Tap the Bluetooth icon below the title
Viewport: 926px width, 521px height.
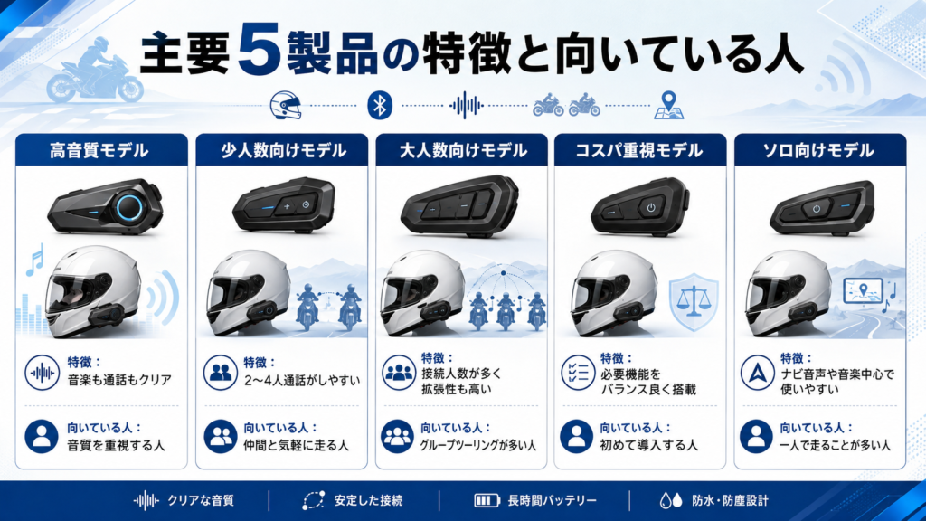click(380, 106)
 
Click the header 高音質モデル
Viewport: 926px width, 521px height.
click(99, 151)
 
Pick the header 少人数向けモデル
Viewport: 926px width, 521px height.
click(283, 151)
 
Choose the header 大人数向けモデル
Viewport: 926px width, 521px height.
click(463, 151)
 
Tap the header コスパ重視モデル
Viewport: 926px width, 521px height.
click(639, 151)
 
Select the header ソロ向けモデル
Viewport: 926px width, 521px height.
click(818, 151)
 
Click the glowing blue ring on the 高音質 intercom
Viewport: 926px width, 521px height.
click(129, 207)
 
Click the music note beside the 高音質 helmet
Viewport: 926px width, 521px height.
click(35, 260)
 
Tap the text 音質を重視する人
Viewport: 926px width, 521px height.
click(116, 445)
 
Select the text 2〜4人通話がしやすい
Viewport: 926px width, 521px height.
click(302, 381)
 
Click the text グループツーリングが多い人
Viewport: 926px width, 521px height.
click(478, 445)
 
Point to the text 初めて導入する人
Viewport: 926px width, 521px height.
click(649, 445)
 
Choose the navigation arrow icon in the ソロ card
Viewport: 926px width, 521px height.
click(758, 373)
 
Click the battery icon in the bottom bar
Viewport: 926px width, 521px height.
click(487, 501)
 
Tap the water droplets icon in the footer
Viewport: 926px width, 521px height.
click(670, 501)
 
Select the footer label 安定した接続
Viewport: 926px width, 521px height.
click(369, 501)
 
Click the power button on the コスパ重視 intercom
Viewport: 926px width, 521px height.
click(651, 207)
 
